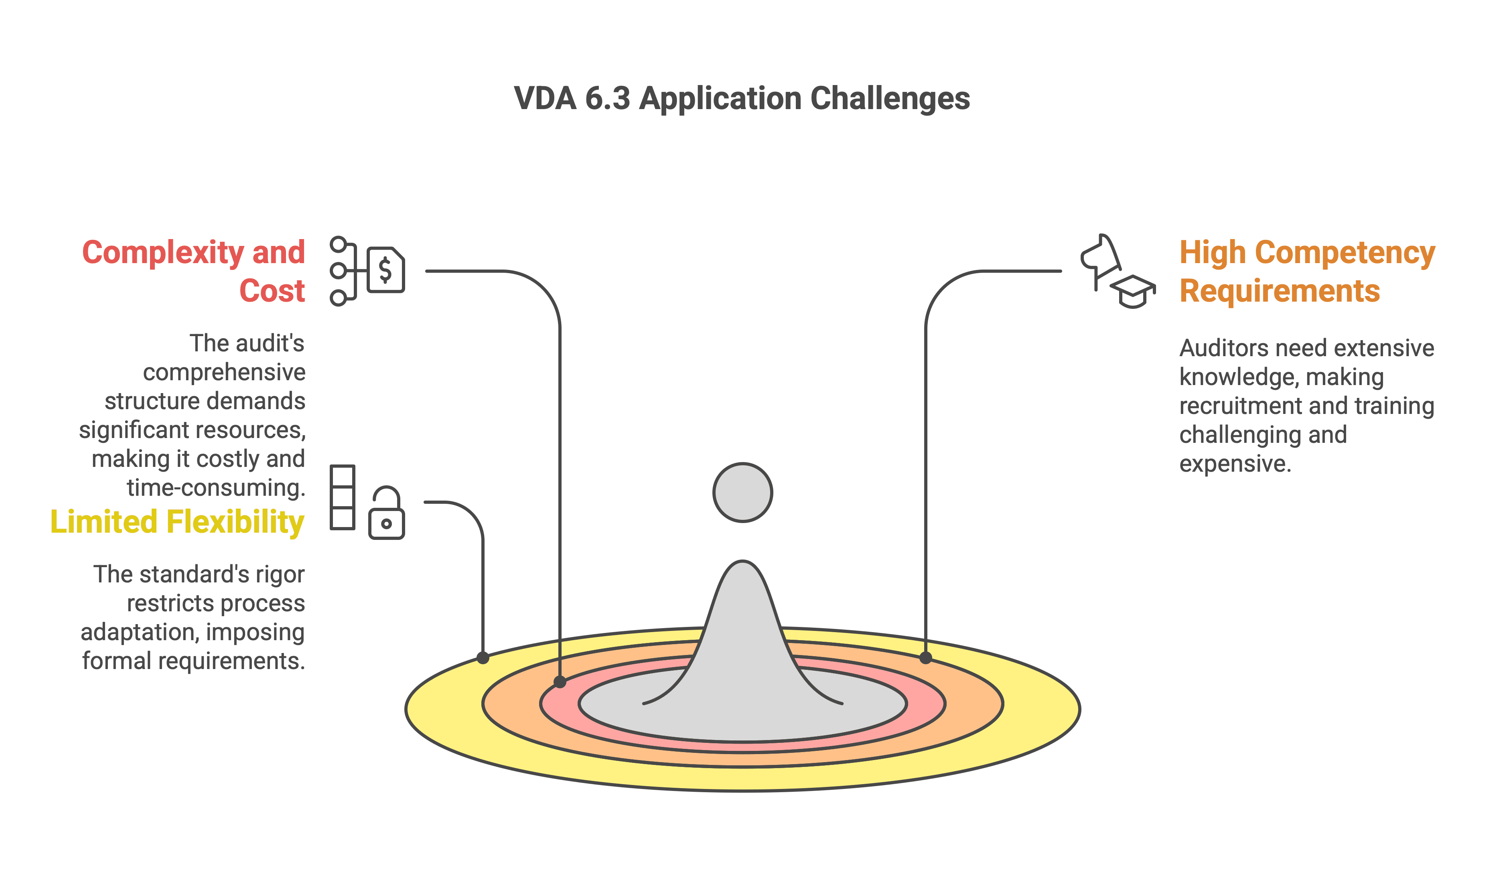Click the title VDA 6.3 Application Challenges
pos(742,99)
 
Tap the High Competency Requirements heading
pos(1307,271)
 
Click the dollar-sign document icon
pos(386,270)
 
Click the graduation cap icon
pos(1133,291)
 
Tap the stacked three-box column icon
pos(342,497)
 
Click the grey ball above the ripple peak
pos(742,493)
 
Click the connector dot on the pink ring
pos(560,682)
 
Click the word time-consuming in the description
pos(215,488)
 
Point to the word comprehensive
pos(224,373)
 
